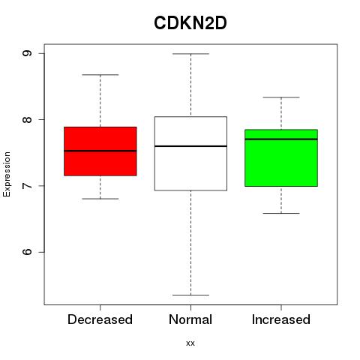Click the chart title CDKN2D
[x=190, y=23]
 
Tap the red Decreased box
[x=100, y=151]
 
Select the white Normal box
[x=190, y=154]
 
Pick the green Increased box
[x=281, y=157]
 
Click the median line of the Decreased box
[x=100, y=151]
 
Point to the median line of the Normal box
[x=190, y=146]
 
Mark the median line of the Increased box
[x=281, y=139]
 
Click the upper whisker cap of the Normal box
[x=190, y=54]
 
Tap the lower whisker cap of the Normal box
[x=190, y=295]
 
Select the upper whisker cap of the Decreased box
[x=100, y=74]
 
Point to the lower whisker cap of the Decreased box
[x=100, y=199]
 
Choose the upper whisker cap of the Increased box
[x=281, y=97]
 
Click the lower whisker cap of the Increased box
[x=281, y=213]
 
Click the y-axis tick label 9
[x=27, y=53]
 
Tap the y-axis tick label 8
[x=27, y=119]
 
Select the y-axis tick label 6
[x=27, y=252]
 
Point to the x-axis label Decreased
[x=100, y=319]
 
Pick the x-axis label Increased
[x=281, y=319]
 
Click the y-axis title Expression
[x=7, y=174]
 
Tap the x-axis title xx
[x=190, y=343]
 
